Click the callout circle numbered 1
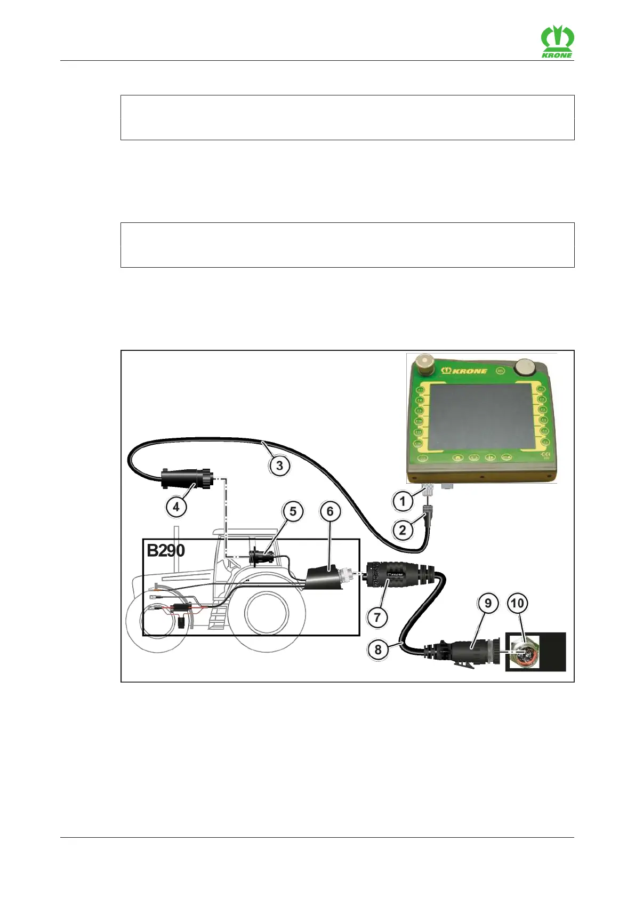click(403, 501)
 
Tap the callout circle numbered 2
click(403, 530)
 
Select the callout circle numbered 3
click(279, 466)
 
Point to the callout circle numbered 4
click(176, 507)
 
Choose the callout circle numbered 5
click(293, 511)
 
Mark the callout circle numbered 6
click(330, 511)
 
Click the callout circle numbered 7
click(377, 618)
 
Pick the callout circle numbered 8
click(378, 650)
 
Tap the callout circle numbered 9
click(488, 604)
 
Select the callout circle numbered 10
click(517, 604)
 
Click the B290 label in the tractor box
click(166, 550)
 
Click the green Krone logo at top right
click(557, 42)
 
